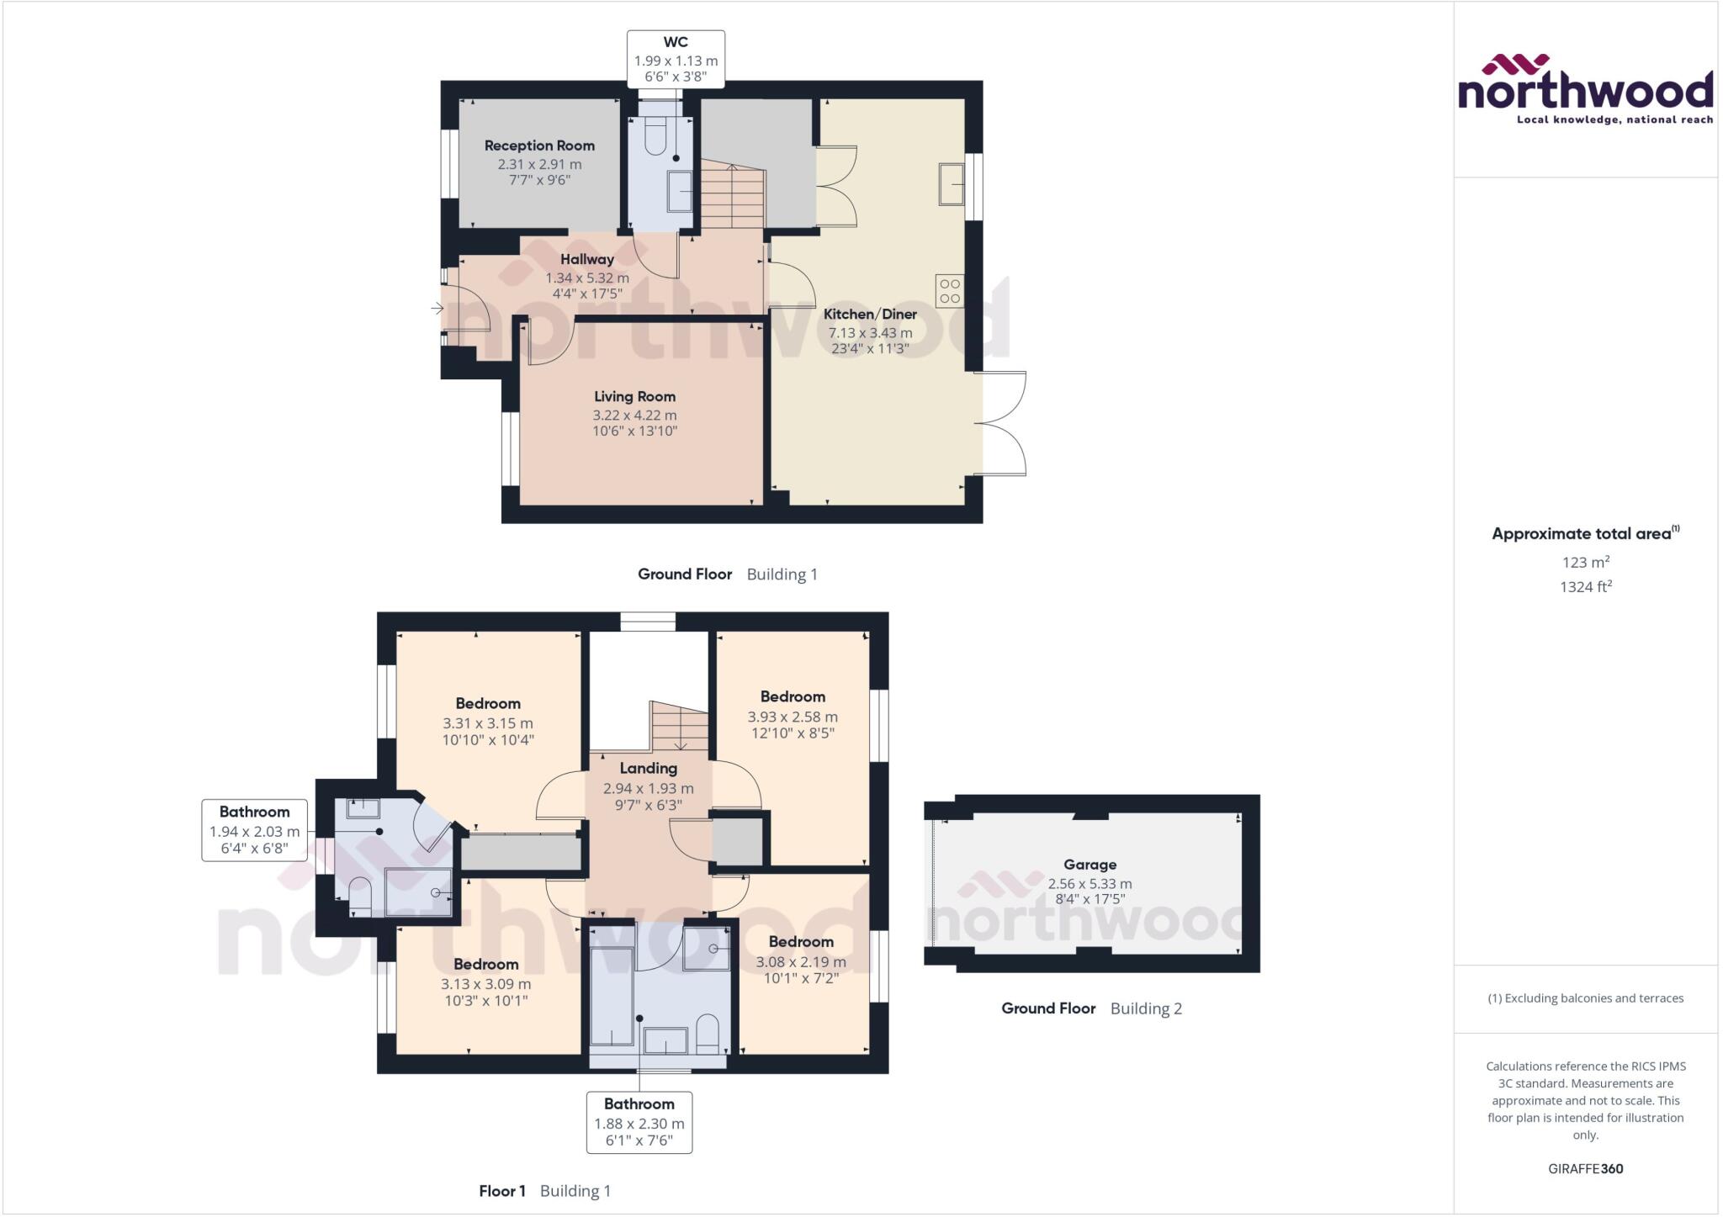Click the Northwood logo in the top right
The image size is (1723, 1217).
pos(1585,89)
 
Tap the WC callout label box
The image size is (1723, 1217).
pos(676,59)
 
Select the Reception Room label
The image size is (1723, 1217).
pos(539,146)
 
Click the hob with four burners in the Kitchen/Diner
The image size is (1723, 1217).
pos(950,290)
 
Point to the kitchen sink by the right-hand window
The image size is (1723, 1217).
pos(952,184)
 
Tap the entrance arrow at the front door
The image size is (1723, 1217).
pos(437,309)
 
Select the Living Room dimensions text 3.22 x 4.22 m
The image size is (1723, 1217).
pos(634,415)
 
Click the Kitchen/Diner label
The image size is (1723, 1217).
pos(870,314)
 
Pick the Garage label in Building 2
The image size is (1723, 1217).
pos(1089,865)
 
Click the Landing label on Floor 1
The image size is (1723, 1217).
pos(648,768)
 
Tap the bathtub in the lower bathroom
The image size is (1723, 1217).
pos(612,996)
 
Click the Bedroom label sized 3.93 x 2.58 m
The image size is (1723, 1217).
pos(793,696)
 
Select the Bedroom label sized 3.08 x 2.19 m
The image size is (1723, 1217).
pos(801,942)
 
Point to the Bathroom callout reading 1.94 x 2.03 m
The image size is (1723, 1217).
pos(254,830)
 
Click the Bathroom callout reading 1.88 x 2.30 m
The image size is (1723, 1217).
pos(639,1122)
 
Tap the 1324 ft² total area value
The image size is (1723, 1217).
pos(1585,587)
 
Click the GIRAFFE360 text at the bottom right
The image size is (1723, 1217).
pos(1585,1168)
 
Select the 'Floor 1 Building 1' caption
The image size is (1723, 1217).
pos(544,1191)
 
